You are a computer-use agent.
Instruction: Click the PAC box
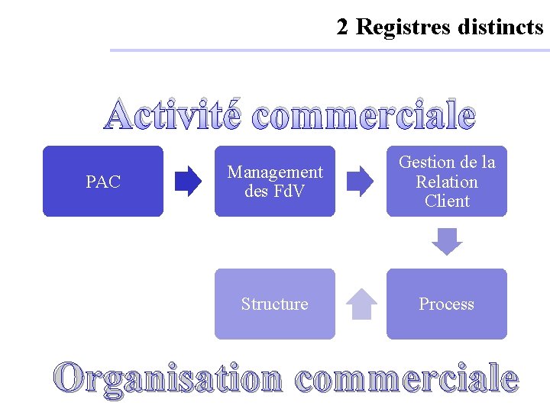[x=103, y=182]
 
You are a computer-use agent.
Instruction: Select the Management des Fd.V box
[x=275, y=182]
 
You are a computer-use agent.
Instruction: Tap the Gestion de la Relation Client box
[x=447, y=182]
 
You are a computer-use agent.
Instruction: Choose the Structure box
[x=275, y=304]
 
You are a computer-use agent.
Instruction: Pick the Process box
[x=447, y=304]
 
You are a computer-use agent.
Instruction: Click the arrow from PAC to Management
[x=189, y=182]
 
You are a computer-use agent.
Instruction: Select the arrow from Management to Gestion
[x=361, y=182]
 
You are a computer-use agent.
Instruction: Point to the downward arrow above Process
[x=447, y=242]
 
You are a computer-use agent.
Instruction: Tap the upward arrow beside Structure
[x=361, y=304]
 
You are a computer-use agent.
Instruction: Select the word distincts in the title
[x=500, y=27]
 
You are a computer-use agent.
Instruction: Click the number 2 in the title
[x=343, y=27]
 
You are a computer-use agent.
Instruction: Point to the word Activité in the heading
[x=173, y=115]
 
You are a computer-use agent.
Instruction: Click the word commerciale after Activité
[x=363, y=115]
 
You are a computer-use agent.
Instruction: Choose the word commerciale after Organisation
[x=406, y=378]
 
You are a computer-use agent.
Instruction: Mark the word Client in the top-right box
[x=447, y=201]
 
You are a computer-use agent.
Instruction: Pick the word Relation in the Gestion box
[x=447, y=182]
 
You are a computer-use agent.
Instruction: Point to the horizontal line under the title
[x=328, y=50]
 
